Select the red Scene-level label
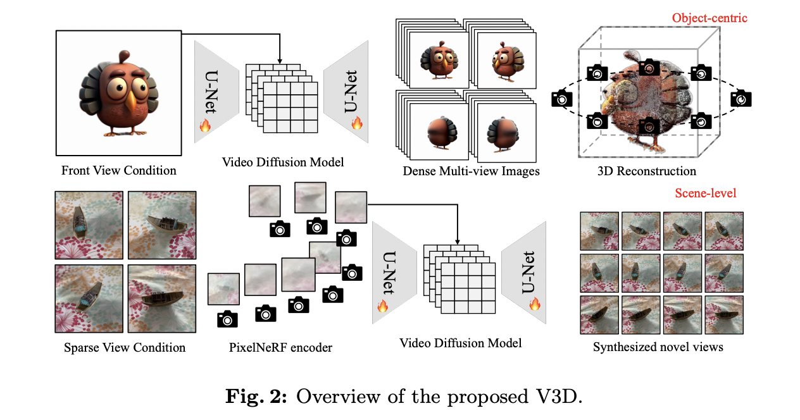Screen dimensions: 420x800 [x=705, y=193]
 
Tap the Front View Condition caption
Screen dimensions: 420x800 [x=119, y=171]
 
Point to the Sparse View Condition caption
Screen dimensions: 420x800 [x=125, y=347]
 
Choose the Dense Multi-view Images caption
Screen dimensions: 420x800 [x=471, y=171]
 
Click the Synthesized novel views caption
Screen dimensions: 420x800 [x=658, y=347]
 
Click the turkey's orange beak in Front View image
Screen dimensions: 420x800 [x=129, y=101]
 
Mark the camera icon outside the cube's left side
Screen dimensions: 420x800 [x=561, y=98]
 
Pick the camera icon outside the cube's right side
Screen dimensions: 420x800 [x=742, y=98]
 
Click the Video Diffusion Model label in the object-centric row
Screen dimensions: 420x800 [x=283, y=162]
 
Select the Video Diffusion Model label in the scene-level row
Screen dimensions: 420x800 [x=460, y=343]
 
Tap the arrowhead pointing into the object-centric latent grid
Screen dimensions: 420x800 [x=279, y=61]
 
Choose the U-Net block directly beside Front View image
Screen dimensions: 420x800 [x=215, y=84]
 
